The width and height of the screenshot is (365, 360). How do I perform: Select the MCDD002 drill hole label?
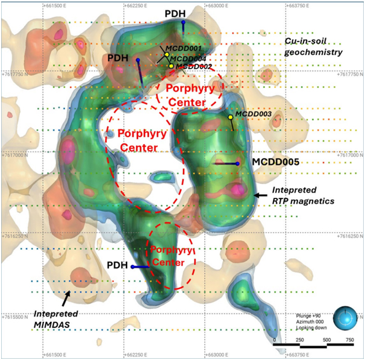(x=194, y=66)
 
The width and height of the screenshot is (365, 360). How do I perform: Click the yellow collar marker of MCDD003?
(x=231, y=117)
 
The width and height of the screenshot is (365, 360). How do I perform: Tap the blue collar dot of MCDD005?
(x=238, y=163)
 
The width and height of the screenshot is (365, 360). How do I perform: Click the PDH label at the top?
(x=182, y=13)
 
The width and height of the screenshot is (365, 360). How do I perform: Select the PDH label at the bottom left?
(x=117, y=265)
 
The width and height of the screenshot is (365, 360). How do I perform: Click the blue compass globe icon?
(x=343, y=317)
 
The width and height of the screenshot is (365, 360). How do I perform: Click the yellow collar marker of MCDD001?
(x=167, y=55)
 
